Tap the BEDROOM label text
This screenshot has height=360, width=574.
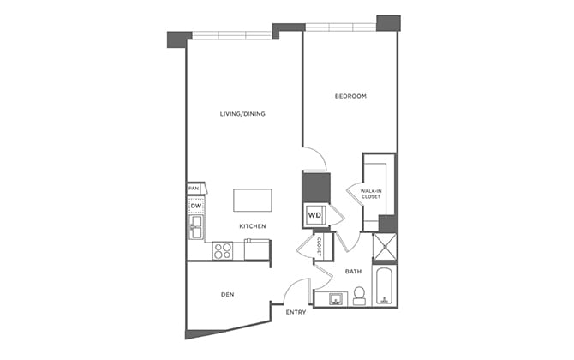350,96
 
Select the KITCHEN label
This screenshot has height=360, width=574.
253,226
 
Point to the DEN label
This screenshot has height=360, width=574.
228,295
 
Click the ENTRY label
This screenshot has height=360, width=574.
296,312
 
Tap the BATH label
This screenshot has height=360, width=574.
353,272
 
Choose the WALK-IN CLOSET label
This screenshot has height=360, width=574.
370,194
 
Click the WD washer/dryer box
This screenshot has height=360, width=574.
314,215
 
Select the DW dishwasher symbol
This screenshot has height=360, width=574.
195,207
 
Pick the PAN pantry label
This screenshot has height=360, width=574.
194,189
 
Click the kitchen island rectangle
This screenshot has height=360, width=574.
253,200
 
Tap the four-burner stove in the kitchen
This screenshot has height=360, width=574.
223,250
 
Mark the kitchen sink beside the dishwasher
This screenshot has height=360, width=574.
196,227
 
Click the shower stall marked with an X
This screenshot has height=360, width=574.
385,247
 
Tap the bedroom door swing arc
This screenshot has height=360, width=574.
316,159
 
